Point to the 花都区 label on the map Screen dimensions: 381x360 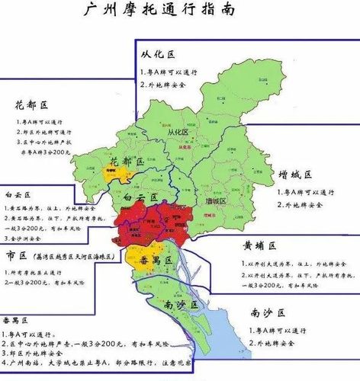point(126,162)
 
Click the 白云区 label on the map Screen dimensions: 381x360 point(140,197)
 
